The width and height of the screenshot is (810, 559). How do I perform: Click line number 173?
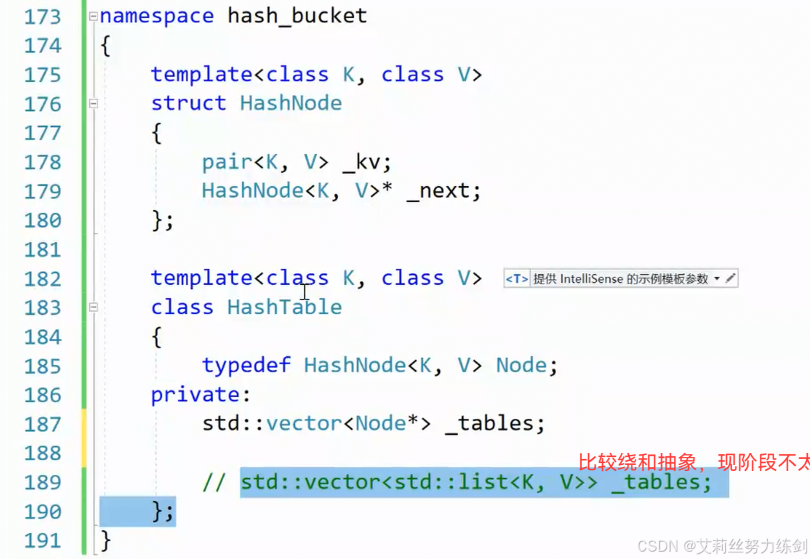tap(42, 16)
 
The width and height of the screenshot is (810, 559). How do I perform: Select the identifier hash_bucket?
tap(297, 16)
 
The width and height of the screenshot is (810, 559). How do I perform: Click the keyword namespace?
tap(157, 16)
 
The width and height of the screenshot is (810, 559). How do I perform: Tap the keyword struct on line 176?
tap(189, 103)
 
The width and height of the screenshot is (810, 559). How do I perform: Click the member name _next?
tap(443, 191)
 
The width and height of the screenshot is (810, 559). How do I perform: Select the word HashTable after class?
tap(285, 308)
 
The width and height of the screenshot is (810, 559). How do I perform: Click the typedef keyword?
tap(247, 366)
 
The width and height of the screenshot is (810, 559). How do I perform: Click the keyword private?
tap(195, 395)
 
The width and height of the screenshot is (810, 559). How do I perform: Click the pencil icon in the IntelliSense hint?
tap(731, 279)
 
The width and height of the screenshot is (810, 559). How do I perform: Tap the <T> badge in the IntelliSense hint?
tap(517, 279)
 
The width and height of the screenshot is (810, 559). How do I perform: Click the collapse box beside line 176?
tap(93, 103)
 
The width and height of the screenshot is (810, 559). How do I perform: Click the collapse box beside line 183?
tap(93, 308)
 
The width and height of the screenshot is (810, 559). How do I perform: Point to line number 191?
tap(42, 540)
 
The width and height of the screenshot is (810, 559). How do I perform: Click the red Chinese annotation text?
tap(693, 462)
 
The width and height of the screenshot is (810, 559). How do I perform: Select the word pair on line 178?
tap(227, 162)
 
